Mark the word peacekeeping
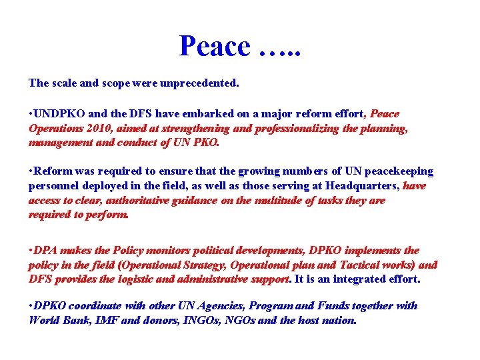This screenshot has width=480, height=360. point(401,172)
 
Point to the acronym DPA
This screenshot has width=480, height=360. point(45,251)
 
